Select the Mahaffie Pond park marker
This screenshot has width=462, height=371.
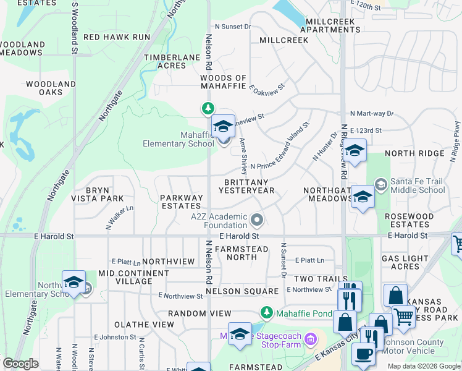coord(266,313)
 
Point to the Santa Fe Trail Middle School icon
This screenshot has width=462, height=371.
coord(381,183)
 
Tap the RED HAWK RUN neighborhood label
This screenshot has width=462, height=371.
coord(117,37)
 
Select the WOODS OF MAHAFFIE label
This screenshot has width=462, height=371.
coord(224,82)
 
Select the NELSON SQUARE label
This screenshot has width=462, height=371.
coord(242,291)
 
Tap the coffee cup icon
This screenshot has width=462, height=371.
coord(363,354)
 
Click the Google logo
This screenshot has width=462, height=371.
coord(21,364)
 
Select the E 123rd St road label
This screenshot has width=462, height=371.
coord(366,131)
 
